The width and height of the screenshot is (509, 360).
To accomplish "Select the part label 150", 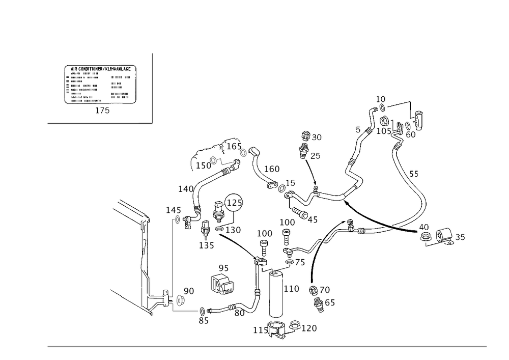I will (x=204, y=166).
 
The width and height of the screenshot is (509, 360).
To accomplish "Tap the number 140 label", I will (x=186, y=189).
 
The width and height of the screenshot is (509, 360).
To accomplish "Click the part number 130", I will (x=235, y=230).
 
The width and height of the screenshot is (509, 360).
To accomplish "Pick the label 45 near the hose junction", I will (x=312, y=220).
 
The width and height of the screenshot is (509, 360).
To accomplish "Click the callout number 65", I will (x=329, y=304).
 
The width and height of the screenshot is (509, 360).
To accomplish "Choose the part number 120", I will (x=310, y=329).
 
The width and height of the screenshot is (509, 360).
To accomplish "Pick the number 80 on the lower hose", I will (x=239, y=314).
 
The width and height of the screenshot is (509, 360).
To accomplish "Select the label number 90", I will (x=189, y=290).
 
